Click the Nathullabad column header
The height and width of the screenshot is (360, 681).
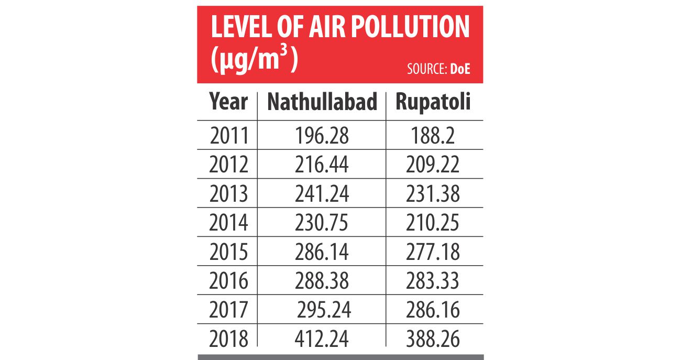click(x=322, y=102)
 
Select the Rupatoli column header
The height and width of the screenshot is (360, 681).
click(x=433, y=102)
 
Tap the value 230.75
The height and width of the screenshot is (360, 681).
click(x=322, y=223)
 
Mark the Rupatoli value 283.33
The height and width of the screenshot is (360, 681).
click(x=433, y=281)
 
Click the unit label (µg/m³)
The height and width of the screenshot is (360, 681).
click(x=254, y=61)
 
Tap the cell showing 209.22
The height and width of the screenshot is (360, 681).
click(x=433, y=165)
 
